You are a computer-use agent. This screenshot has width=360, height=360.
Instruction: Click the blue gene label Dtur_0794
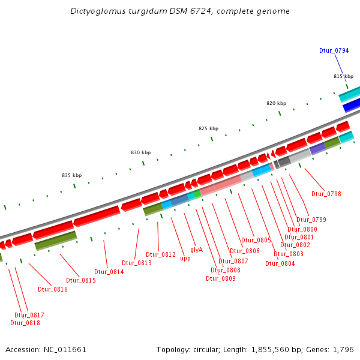334,50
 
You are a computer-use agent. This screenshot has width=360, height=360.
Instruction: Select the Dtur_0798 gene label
326,194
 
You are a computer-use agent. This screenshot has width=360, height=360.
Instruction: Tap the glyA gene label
196,250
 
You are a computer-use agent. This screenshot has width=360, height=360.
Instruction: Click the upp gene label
185,259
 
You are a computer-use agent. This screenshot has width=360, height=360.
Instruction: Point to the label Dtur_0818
25,323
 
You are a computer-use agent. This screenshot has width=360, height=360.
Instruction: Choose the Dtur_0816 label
53,289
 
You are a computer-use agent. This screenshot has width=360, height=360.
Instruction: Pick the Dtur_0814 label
109,272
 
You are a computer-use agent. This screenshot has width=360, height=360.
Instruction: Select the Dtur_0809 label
221,278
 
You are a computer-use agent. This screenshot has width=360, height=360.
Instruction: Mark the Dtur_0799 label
311,220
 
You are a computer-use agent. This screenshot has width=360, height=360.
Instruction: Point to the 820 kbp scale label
277,103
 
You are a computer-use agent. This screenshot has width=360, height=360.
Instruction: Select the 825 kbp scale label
209,128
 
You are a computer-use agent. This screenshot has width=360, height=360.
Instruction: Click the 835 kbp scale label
71,175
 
